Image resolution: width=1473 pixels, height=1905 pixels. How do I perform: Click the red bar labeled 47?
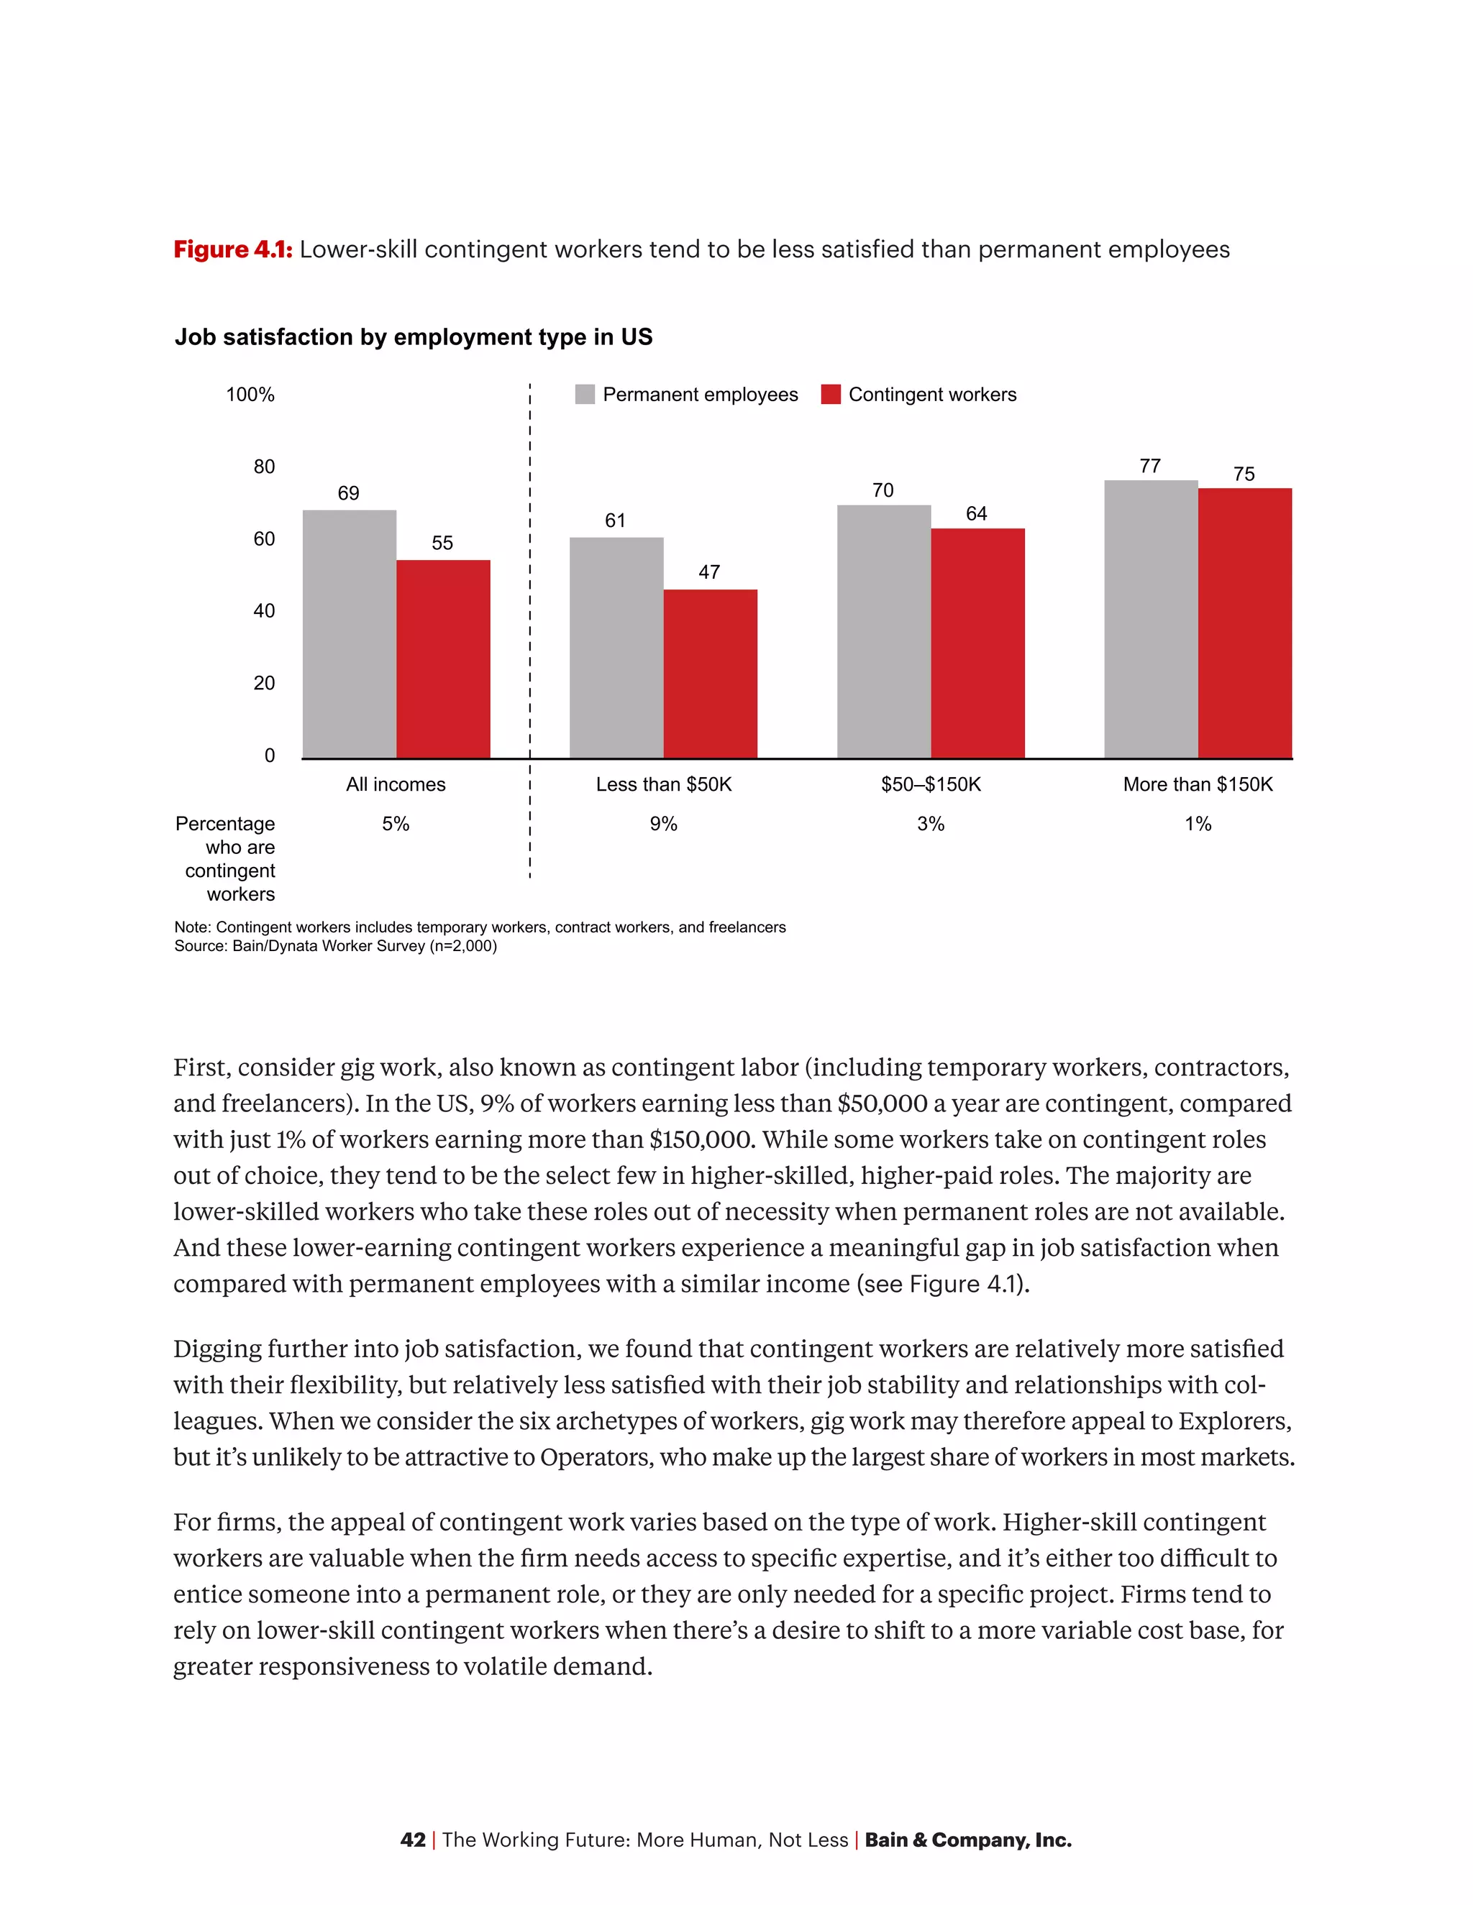pos(711,674)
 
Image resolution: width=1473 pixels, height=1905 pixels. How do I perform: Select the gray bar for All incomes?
pos(349,634)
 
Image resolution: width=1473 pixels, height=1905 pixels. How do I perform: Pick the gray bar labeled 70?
pos(883,631)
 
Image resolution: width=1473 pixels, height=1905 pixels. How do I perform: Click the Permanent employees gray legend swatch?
pos(585,394)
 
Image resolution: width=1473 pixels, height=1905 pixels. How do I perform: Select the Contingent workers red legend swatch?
pos(831,394)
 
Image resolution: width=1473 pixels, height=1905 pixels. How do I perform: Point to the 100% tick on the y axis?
pos(250,394)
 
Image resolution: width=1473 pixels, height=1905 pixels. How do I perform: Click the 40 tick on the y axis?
pos(263,610)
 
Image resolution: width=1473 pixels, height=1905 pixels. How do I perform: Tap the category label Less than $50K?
pos(663,784)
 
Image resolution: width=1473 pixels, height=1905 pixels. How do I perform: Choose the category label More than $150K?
pos(1198,784)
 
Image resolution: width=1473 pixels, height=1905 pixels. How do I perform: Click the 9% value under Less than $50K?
pos(663,823)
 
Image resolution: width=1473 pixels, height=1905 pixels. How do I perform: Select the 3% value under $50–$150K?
pos(930,823)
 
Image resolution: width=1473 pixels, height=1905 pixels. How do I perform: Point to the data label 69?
pos(348,494)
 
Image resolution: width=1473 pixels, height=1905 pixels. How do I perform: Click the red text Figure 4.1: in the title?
pos(232,249)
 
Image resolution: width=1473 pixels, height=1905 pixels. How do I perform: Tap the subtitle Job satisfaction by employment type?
pos(414,336)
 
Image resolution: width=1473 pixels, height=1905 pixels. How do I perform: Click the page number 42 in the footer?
pos(413,1840)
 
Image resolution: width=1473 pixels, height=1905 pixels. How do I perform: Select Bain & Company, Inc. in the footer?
pos(968,1840)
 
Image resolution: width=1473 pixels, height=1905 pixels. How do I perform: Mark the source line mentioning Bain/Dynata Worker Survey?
pos(335,947)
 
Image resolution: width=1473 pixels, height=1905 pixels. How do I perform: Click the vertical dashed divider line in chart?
pos(529,628)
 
